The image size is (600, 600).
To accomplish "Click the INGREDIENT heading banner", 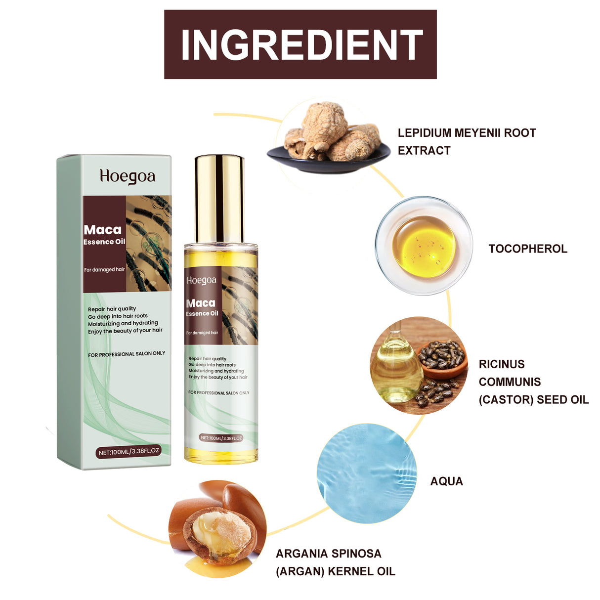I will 300,44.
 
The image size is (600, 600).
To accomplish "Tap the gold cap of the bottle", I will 219,198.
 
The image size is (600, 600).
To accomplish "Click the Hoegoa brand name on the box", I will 128,176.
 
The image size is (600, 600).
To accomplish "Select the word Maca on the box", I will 102,230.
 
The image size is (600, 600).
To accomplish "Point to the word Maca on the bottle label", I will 201,303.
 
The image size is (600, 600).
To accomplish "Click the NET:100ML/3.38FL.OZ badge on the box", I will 129,452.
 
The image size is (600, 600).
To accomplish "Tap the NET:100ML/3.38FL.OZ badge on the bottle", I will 221,438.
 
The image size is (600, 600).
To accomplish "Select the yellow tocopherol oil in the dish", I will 424,246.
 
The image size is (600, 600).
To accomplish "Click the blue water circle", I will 366,473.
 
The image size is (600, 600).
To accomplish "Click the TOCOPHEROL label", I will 527,249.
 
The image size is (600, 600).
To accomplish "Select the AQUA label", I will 446,481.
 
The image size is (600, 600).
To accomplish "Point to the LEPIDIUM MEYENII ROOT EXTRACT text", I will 467,141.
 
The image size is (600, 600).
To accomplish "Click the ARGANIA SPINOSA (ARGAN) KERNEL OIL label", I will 335,562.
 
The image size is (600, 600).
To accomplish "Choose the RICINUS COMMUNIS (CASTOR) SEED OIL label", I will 533,382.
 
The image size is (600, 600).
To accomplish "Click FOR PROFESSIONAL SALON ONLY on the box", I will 127,354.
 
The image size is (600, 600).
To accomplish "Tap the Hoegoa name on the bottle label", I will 202,281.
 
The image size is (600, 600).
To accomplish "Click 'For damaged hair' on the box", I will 104,270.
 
